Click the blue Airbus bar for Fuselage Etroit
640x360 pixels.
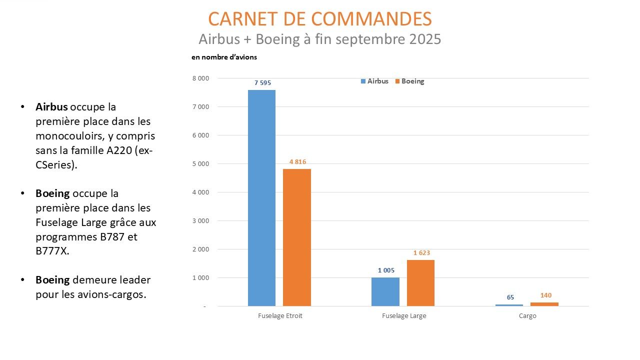tap(261, 198)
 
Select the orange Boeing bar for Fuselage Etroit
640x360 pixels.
tap(297, 237)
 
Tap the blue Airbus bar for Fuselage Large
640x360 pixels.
tap(385, 291)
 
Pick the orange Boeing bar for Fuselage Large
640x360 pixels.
tap(420, 283)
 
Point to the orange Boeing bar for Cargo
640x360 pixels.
tap(544, 304)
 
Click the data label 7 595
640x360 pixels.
tap(262, 83)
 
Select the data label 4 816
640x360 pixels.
tap(297, 161)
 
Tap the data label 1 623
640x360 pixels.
tap(421, 253)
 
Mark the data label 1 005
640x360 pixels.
tap(386, 270)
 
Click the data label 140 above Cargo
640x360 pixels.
tap(546, 295)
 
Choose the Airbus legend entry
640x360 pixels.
tap(374, 81)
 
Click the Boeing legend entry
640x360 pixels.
tap(409, 81)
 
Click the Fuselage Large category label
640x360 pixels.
tap(404, 316)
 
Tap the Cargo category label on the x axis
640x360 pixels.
tap(527, 316)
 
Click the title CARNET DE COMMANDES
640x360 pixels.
tap(319, 19)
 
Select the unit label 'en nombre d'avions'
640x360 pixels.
tap(224, 57)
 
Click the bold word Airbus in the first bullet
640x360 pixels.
tap(51, 107)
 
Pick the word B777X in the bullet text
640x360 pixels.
tap(52, 251)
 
